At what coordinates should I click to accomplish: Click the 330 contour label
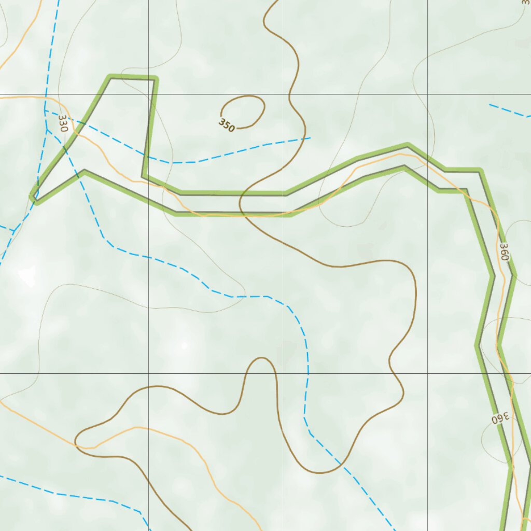click(63, 123)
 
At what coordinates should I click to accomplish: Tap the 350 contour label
click(227, 125)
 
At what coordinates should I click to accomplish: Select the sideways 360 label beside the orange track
click(504, 251)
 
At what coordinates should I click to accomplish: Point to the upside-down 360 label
click(500, 417)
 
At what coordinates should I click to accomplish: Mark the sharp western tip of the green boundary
click(33, 198)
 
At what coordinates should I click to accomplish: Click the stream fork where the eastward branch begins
click(46, 110)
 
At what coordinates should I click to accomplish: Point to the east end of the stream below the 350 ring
click(310, 138)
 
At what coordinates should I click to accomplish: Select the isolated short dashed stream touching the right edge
click(508, 110)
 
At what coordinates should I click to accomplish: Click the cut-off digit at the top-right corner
click(526, 3)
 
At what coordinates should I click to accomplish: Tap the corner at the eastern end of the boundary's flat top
click(155, 78)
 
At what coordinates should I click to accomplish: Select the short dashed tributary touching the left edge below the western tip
click(6, 228)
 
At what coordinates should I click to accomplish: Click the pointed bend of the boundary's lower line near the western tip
click(85, 171)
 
